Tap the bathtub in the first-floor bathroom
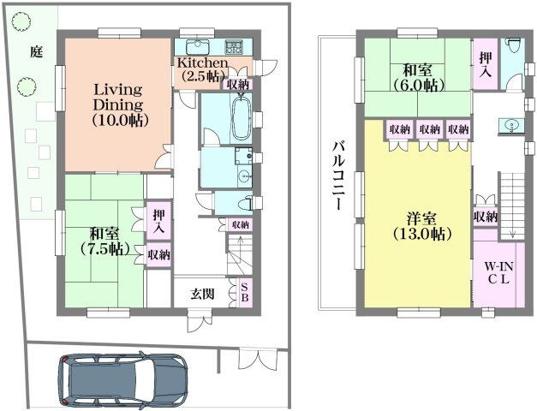[x=242, y=117]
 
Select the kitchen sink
[x=197, y=47]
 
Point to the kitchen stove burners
[x=234, y=47]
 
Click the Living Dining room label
[x=118, y=104]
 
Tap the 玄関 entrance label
[x=203, y=294]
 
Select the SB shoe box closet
[x=245, y=292]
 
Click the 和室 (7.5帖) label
[x=105, y=241]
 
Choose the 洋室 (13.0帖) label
[x=421, y=226]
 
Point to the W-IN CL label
[x=498, y=272]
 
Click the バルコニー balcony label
[x=338, y=175]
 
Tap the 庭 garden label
[x=36, y=51]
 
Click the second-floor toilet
[x=514, y=45]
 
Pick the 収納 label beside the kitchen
[x=238, y=84]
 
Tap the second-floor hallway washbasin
[x=511, y=126]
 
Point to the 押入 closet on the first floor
[x=158, y=221]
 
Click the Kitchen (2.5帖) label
[x=202, y=69]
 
